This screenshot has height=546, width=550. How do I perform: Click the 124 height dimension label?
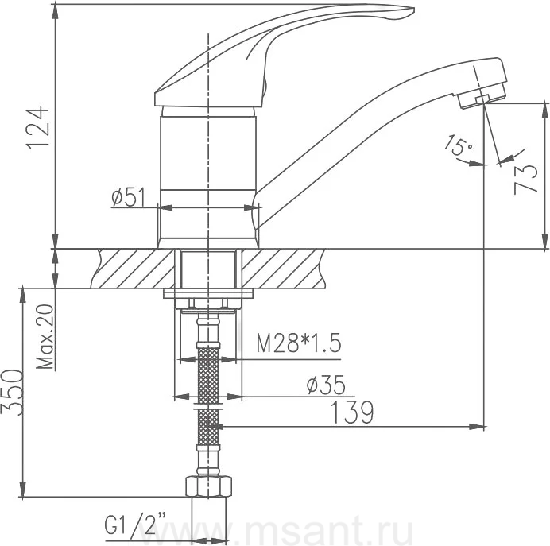38,127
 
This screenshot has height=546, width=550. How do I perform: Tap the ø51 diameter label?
128,197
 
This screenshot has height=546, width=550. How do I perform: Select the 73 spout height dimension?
525,179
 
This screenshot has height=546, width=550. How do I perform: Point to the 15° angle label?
458,145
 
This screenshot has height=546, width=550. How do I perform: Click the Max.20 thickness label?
45,337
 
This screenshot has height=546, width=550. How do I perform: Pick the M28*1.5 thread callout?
299,343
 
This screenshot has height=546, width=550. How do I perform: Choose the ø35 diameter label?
326,385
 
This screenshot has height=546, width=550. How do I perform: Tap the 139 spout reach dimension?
352,412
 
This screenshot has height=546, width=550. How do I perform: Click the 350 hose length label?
13,392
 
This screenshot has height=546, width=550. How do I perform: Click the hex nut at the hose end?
208,486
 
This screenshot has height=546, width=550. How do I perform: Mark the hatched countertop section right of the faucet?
285,269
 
